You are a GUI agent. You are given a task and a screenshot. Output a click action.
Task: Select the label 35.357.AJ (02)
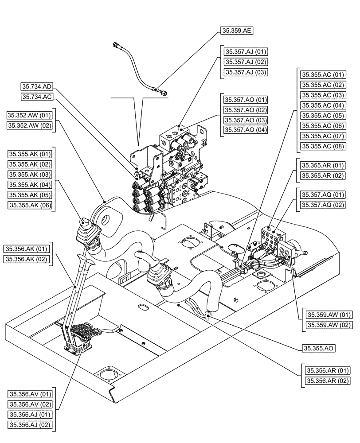[x=246, y=62]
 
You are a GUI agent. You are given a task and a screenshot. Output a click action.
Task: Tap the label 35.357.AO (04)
[x=246, y=130]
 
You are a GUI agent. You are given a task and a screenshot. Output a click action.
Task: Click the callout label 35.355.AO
[x=318, y=348]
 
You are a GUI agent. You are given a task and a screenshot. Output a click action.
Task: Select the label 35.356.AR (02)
[x=327, y=381]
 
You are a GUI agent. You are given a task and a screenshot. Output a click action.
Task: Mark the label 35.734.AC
[x=37, y=96]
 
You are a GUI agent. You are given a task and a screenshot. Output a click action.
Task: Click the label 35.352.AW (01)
[x=30, y=116]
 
